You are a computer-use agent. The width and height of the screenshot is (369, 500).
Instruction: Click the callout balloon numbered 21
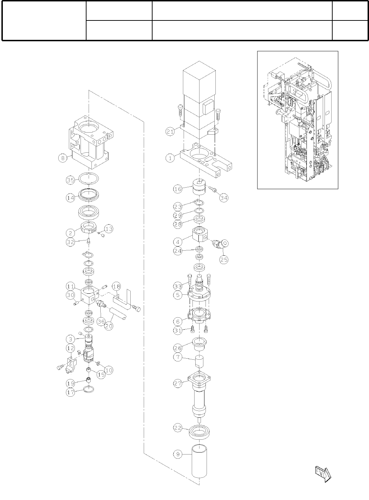tap(170, 132)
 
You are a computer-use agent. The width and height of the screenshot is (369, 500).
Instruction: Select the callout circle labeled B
tap(63, 158)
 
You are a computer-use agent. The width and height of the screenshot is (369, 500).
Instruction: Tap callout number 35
tap(71, 180)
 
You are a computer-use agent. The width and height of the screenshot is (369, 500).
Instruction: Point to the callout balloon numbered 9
tap(178, 455)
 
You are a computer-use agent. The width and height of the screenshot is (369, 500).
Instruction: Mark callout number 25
tap(224, 260)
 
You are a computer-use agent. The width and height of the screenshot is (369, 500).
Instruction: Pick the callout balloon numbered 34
tap(224, 197)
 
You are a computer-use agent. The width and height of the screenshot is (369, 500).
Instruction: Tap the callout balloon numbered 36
tap(101, 321)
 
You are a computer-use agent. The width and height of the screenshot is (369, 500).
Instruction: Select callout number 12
tap(70, 348)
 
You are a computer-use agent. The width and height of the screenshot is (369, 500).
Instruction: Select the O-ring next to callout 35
tap(88, 178)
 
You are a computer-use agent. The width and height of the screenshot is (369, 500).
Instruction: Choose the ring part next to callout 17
tap(89, 390)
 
